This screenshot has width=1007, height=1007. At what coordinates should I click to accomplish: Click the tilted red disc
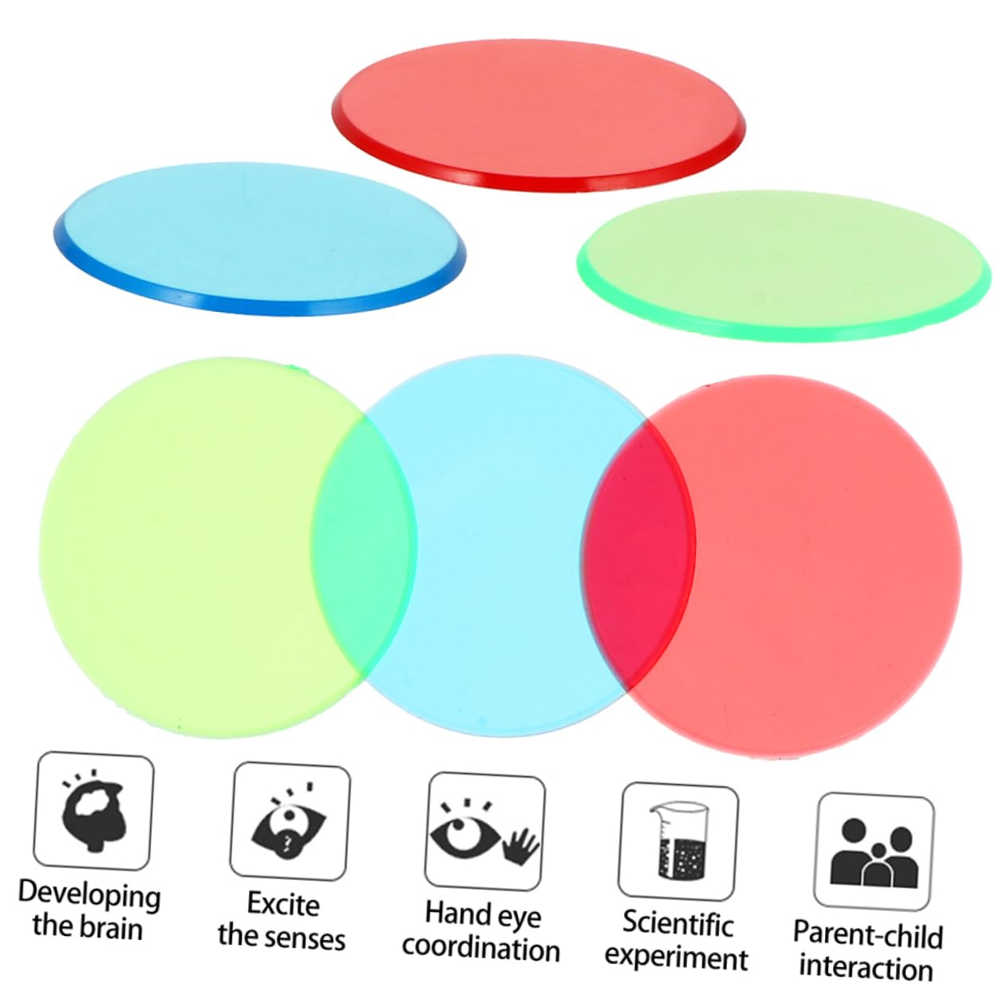coord(539,116)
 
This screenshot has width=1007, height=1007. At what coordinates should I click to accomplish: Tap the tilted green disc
coord(782,263)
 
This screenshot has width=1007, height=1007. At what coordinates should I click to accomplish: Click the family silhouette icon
coord(873,851)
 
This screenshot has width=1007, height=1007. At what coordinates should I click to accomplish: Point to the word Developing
coord(89,894)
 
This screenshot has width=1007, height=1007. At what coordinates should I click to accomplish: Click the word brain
coord(111,928)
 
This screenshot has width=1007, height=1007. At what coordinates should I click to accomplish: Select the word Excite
coord(282,904)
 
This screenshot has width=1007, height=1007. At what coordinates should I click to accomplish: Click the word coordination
coord(480,949)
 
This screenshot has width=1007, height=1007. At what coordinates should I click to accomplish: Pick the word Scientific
coord(677,923)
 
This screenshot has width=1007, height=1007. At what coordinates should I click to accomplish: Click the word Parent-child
coord(867,934)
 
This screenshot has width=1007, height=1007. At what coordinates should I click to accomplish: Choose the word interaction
coord(866,967)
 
